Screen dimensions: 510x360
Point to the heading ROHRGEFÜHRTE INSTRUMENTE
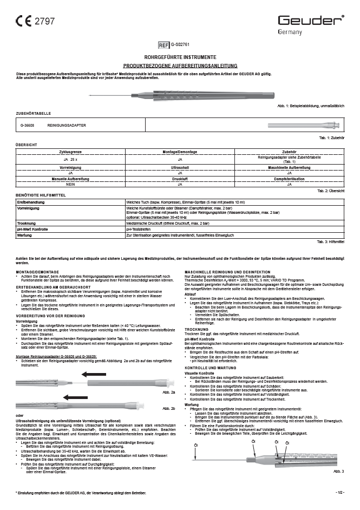pyautogui.click(x=180, y=57)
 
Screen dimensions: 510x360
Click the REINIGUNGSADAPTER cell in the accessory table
pyautogui.click(x=82, y=125)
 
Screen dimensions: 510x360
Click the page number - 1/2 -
pyautogui.click(x=339, y=492)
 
